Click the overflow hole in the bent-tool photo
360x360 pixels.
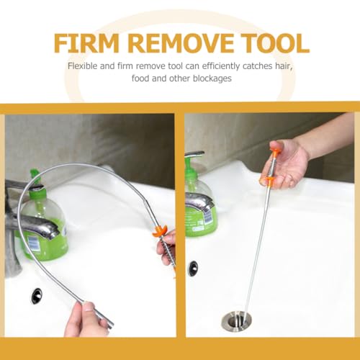point(36,295)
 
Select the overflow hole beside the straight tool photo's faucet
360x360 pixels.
point(193,268)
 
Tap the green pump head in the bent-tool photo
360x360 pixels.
point(34,176)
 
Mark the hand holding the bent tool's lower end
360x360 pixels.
point(85,317)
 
